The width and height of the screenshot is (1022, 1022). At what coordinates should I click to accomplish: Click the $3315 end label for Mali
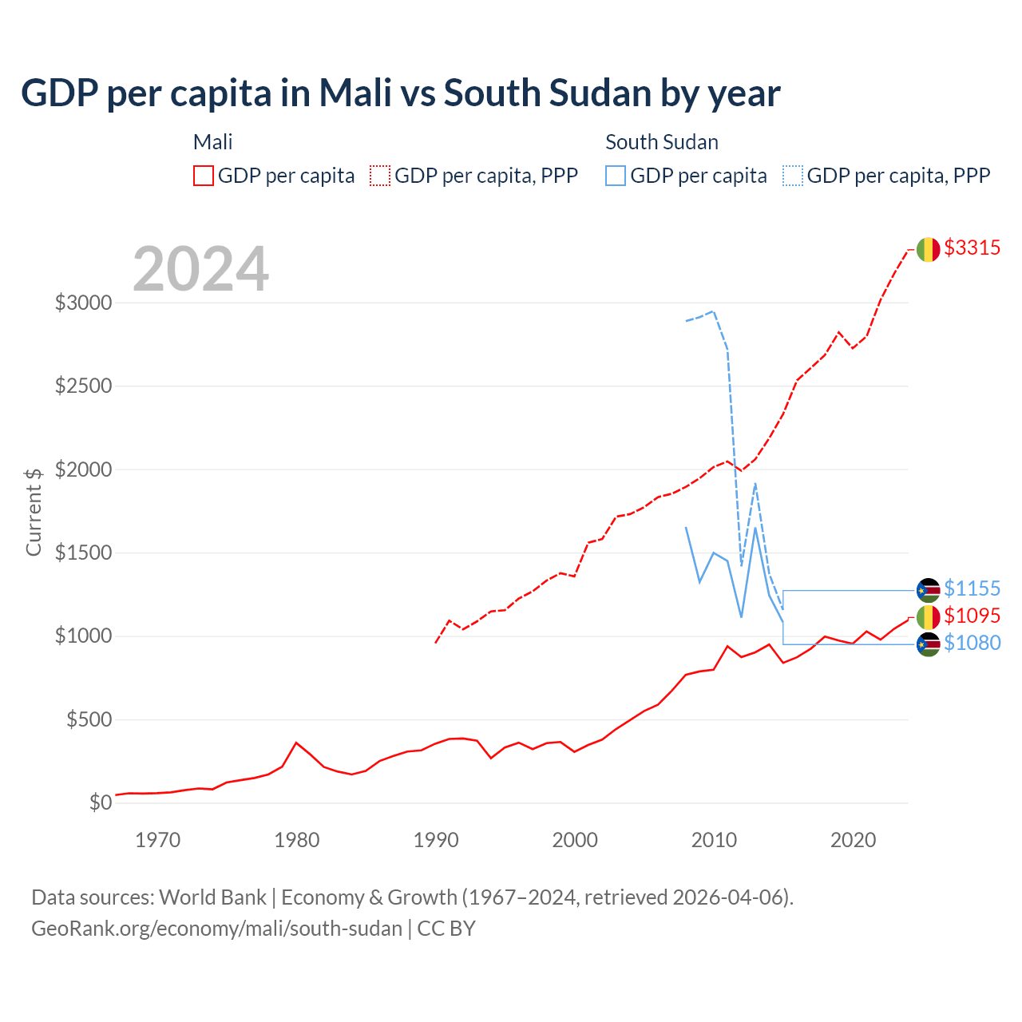pyautogui.click(x=972, y=248)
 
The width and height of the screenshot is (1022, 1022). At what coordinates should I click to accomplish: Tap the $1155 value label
pyautogui.click(x=972, y=589)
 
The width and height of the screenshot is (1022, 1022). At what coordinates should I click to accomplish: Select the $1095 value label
pyautogui.click(x=972, y=616)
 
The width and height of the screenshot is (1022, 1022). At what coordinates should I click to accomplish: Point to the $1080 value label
pyautogui.click(x=972, y=644)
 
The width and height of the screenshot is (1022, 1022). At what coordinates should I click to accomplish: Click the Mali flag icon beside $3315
pyautogui.click(x=928, y=250)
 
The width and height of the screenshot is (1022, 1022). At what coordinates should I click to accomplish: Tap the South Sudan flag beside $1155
pyautogui.click(x=928, y=590)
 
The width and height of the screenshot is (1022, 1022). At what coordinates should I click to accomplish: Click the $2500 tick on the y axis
pyautogui.click(x=83, y=386)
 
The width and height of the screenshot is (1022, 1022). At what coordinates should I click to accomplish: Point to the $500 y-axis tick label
pyautogui.click(x=89, y=720)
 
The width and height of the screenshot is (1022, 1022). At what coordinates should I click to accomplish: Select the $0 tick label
pyautogui.click(x=100, y=803)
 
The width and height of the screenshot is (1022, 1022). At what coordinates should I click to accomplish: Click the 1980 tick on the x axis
pyautogui.click(x=297, y=841)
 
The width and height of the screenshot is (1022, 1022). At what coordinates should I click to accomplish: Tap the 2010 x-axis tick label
pyautogui.click(x=714, y=841)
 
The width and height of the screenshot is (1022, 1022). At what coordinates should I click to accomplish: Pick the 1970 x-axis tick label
pyautogui.click(x=157, y=841)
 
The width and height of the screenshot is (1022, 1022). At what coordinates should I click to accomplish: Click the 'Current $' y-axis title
pyautogui.click(x=34, y=512)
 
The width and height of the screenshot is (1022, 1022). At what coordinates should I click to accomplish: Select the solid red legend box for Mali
pyautogui.click(x=204, y=176)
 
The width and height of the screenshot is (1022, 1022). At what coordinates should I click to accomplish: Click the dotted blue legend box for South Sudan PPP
pyautogui.click(x=793, y=176)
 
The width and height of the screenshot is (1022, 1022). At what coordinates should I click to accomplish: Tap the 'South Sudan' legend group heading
pyautogui.click(x=661, y=142)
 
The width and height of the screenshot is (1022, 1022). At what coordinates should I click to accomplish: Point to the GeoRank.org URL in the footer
pyautogui.click(x=216, y=929)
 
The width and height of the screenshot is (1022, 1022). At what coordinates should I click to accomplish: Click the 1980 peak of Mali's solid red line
pyautogui.click(x=296, y=743)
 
